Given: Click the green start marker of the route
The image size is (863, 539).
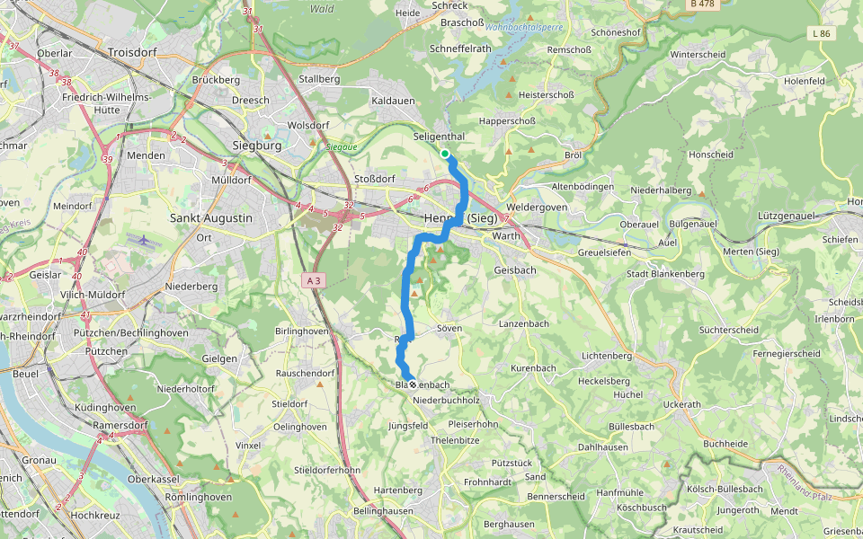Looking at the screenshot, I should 445,154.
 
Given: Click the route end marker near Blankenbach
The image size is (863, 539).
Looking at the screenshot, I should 412,384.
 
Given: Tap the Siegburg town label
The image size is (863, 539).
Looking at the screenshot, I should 257,145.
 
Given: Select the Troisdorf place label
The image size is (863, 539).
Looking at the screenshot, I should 131,53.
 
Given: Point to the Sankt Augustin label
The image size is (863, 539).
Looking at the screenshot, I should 211,217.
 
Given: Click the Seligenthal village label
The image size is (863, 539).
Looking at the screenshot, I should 439,137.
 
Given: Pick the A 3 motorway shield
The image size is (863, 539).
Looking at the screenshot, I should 313,281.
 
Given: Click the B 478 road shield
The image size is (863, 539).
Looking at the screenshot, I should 701,4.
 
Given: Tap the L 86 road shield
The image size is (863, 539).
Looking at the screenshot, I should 820,33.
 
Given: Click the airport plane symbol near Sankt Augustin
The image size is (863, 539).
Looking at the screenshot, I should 139,240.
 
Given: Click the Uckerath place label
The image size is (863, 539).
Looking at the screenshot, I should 681,404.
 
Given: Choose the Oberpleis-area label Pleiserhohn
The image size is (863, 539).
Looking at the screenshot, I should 472,423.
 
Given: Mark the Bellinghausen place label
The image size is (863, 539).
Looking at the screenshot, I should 384,510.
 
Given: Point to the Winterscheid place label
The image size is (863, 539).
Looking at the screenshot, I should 697,54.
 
